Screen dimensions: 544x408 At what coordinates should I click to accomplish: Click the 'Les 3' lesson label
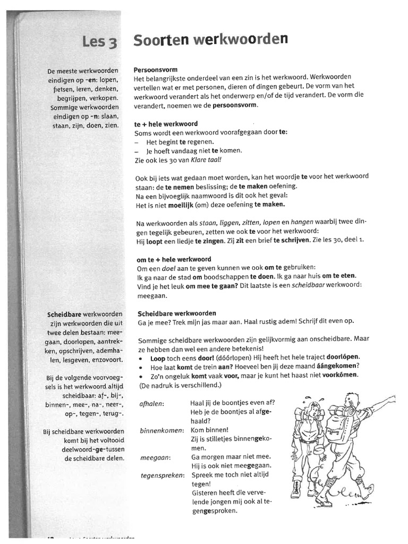tap(99, 42)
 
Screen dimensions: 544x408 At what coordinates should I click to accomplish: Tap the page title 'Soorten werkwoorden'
tap(210, 40)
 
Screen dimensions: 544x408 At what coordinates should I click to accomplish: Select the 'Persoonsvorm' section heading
tap(155, 70)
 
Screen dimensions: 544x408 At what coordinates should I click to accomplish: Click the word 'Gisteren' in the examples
tap(203, 493)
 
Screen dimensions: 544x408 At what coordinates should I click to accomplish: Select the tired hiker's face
tap(314, 411)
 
